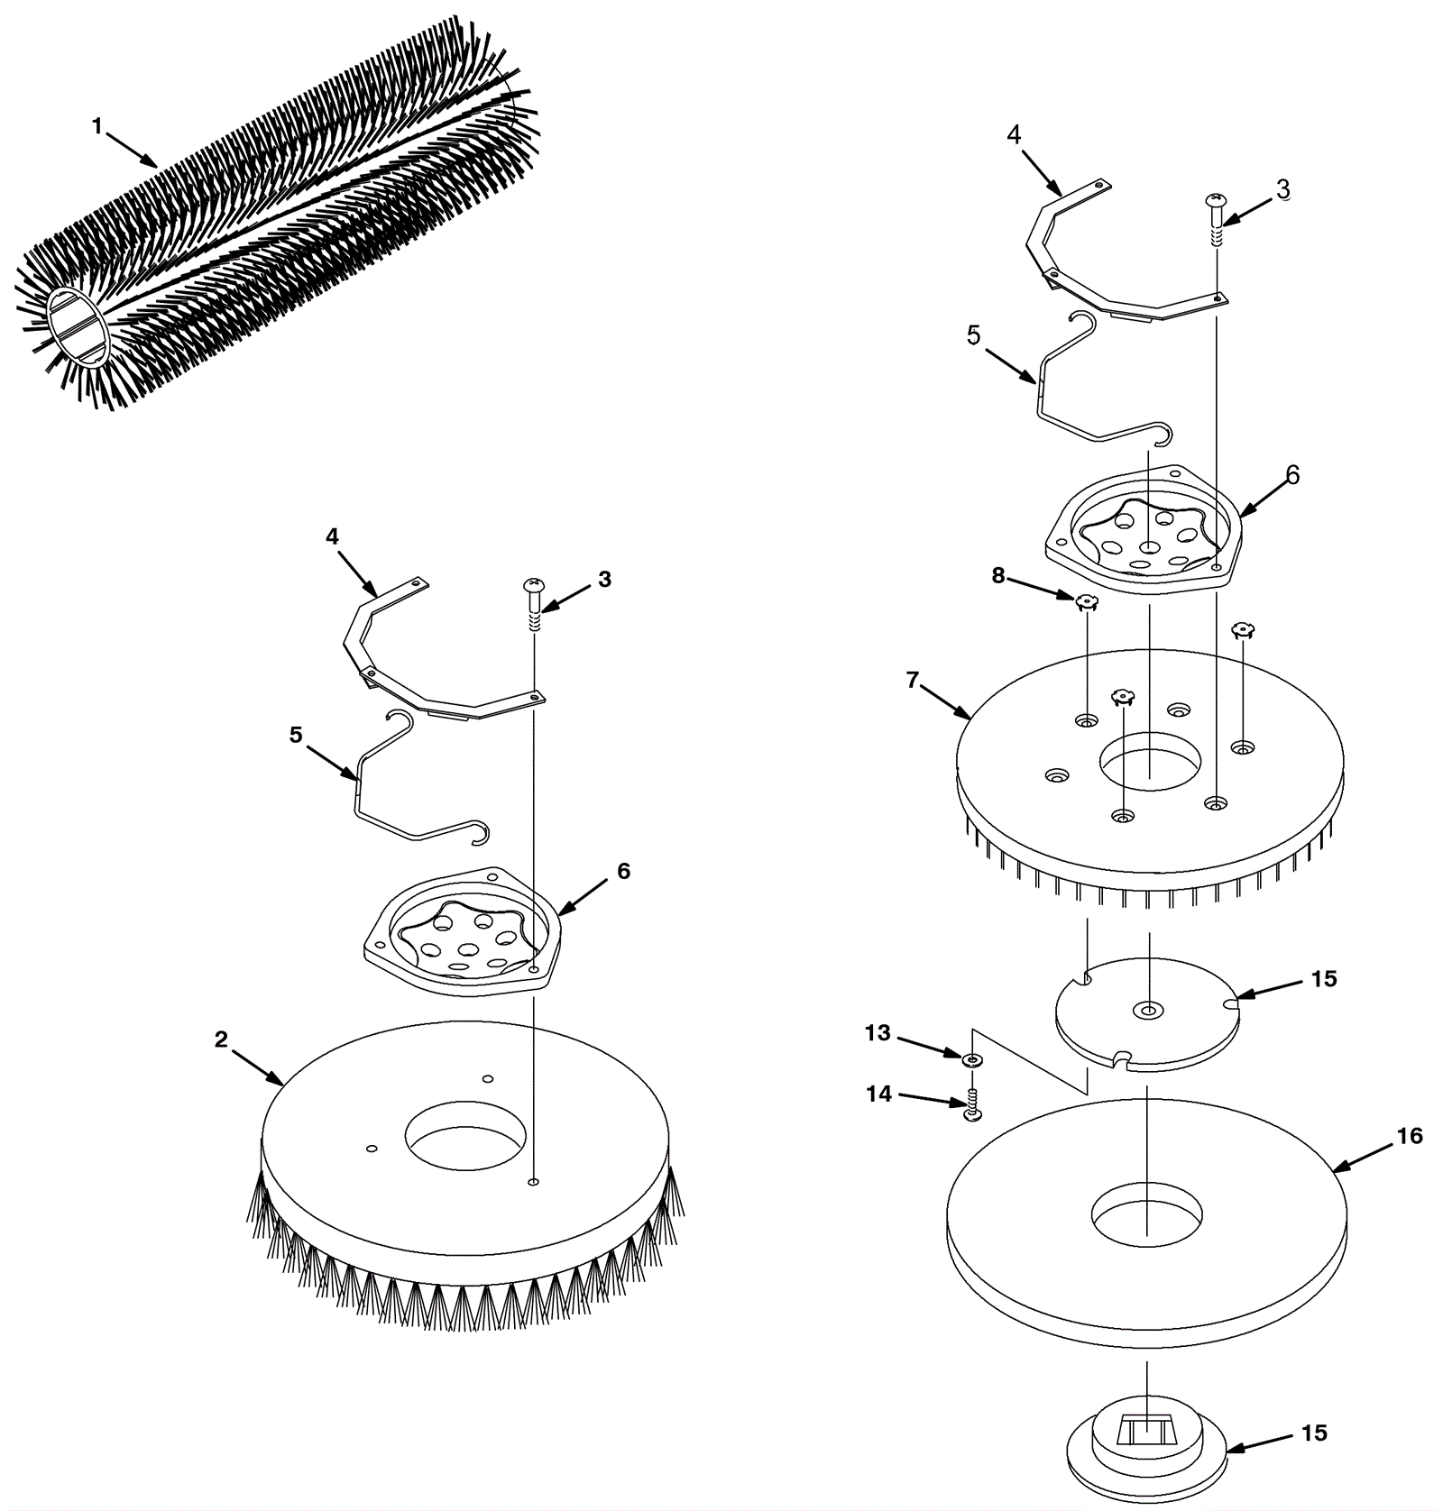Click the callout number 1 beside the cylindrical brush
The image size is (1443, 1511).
click(97, 126)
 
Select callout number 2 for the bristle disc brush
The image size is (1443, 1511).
click(222, 1039)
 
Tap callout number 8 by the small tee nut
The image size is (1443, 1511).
click(998, 575)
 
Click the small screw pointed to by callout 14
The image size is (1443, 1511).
click(972, 1105)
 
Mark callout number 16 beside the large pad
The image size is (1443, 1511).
click(1410, 1135)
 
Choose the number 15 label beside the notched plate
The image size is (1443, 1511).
click(1323, 979)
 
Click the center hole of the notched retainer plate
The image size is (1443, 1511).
click(1147, 1011)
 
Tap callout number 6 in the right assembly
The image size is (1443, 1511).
click(1292, 475)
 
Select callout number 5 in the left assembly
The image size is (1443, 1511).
click(296, 735)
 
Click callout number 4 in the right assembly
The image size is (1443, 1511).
click(1014, 135)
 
